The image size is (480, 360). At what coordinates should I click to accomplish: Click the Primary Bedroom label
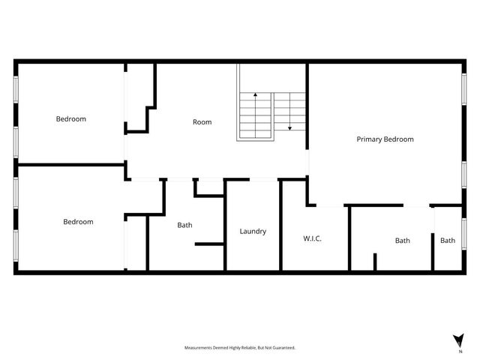tap(385, 139)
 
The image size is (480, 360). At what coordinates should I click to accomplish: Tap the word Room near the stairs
tap(202, 121)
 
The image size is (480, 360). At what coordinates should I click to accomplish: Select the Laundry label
tap(253, 231)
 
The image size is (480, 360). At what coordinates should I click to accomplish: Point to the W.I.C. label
tap(312, 238)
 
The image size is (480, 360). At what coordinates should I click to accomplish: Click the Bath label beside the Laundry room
tap(184, 225)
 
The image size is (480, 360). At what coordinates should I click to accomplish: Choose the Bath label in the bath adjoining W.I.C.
tap(403, 241)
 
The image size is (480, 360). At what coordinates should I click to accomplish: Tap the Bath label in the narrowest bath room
tap(448, 241)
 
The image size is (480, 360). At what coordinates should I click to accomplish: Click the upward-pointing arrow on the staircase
tap(255, 96)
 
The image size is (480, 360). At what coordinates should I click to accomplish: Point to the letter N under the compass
tap(460, 351)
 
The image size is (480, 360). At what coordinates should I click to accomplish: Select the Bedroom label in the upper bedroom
tap(71, 118)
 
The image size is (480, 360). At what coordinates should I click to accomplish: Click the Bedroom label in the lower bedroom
tap(78, 221)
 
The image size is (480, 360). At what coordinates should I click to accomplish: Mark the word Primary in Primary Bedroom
tap(369, 139)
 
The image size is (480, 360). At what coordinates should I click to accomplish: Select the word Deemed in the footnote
tap(218, 347)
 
